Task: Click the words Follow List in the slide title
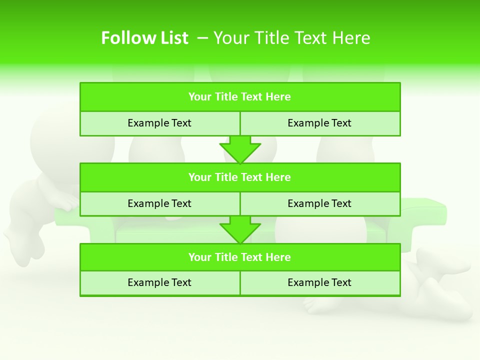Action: [x=144, y=38]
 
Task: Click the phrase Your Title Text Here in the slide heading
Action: [x=292, y=38]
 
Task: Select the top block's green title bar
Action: [x=240, y=97]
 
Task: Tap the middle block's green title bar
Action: [x=240, y=177]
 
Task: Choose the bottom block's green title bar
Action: [x=240, y=257]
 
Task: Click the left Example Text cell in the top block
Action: [x=159, y=123]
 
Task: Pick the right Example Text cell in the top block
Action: [x=319, y=123]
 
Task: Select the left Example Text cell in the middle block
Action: [x=159, y=203]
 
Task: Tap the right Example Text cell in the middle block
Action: [x=319, y=203]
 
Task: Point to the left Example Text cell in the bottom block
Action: [x=159, y=282]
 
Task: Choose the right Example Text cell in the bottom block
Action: [x=319, y=282]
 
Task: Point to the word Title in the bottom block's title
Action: [x=225, y=257]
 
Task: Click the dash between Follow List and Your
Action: [x=203, y=38]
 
